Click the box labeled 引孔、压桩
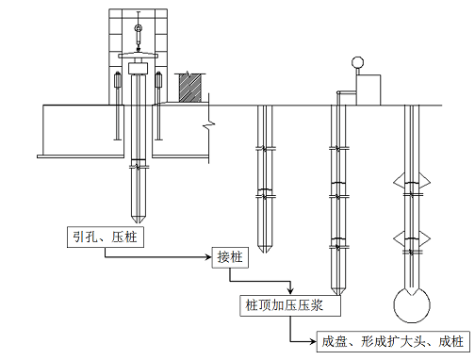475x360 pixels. pyautogui.click(x=106, y=237)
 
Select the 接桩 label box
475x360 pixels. pyautogui.click(x=230, y=257)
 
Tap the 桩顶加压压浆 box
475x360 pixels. pyautogui.click(x=290, y=305)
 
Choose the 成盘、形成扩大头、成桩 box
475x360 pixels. pyautogui.click(x=393, y=341)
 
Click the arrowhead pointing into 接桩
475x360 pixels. pyautogui.click(x=208, y=257)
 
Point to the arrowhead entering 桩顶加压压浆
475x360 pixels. pyautogui.click(x=291, y=291)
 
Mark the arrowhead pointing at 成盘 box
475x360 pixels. pyautogui.click(x=313, y=341)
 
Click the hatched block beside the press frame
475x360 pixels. pyautogui.click(x=189, y=88)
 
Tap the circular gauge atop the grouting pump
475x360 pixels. pyautogui.click(x=357, y=62)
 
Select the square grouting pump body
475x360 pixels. pyautogui.click(x=369, y=90)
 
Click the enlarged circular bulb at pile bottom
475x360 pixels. pyautogui.click(x=412, y=305)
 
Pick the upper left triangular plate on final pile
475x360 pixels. pyautogui.click(x=399, y=182)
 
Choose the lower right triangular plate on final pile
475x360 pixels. pyautogui.click(x=424, y=238)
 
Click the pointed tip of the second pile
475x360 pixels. pyautogui.click(x=265, y=252)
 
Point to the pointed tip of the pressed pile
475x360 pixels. pyautogui.click(x=139, y=222)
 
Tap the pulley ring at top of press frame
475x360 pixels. pyautogui.click(x=139, y=28)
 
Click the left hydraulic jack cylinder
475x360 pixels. pyautogui.click(x=117, y=80)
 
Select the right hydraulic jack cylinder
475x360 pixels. pyautogui.click(x=158, y=80)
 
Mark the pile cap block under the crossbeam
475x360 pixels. pyautogui.click(x=139, y=68)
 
